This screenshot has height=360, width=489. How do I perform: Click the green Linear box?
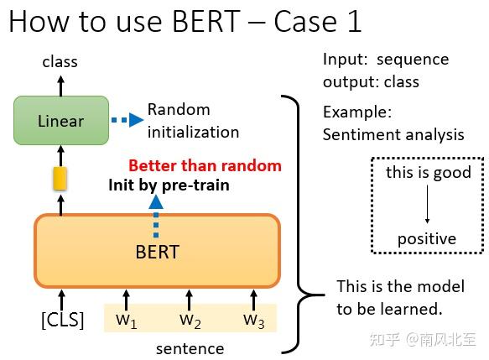point(61,121)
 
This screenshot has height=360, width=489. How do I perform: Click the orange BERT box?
point(157,251)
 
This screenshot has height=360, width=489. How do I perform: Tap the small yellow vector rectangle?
point(60,178)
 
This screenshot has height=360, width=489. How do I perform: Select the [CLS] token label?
point(63,320)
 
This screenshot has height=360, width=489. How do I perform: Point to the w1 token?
point(126,319)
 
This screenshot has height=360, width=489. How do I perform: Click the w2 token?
point(190,319)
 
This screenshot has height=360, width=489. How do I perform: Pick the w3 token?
point(253,319)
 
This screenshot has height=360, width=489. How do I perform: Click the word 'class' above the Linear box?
point(60,61)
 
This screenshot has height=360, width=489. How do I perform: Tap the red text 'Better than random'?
point(205,165)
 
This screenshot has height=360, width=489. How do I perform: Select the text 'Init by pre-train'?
point(168,185)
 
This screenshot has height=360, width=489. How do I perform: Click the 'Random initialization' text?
point(193,120)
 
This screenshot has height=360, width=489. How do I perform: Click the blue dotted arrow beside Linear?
point(127,120)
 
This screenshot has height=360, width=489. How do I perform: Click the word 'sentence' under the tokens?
point(190,348)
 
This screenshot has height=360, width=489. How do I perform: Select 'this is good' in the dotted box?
point(429,173)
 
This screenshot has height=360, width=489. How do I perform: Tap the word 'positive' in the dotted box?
point(427,239)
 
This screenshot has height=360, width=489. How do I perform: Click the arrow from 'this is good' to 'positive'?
point(427,206)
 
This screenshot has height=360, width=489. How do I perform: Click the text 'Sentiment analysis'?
point(393,134)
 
